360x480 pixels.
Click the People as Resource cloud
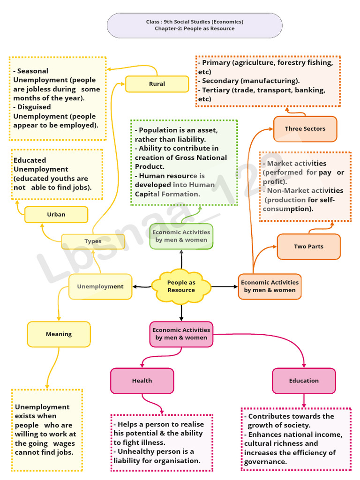pos(181,286)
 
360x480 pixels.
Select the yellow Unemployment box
pos(100,286)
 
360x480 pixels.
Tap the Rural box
pos(157,84)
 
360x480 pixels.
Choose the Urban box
pos(56,214)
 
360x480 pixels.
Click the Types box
pos(93,241)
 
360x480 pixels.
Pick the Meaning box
pos(59,334)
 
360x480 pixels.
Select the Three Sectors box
pos(305,128)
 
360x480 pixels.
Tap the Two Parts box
pos(308,247)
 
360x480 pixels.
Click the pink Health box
pos(142,381)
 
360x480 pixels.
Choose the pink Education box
pos(304,381)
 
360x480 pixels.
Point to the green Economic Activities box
pos(181,236)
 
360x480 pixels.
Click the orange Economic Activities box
pos(270,286)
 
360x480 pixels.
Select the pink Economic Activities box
pos(181,334)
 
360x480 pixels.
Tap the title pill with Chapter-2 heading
pos(195,25)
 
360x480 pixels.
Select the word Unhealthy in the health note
pos(137,451)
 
